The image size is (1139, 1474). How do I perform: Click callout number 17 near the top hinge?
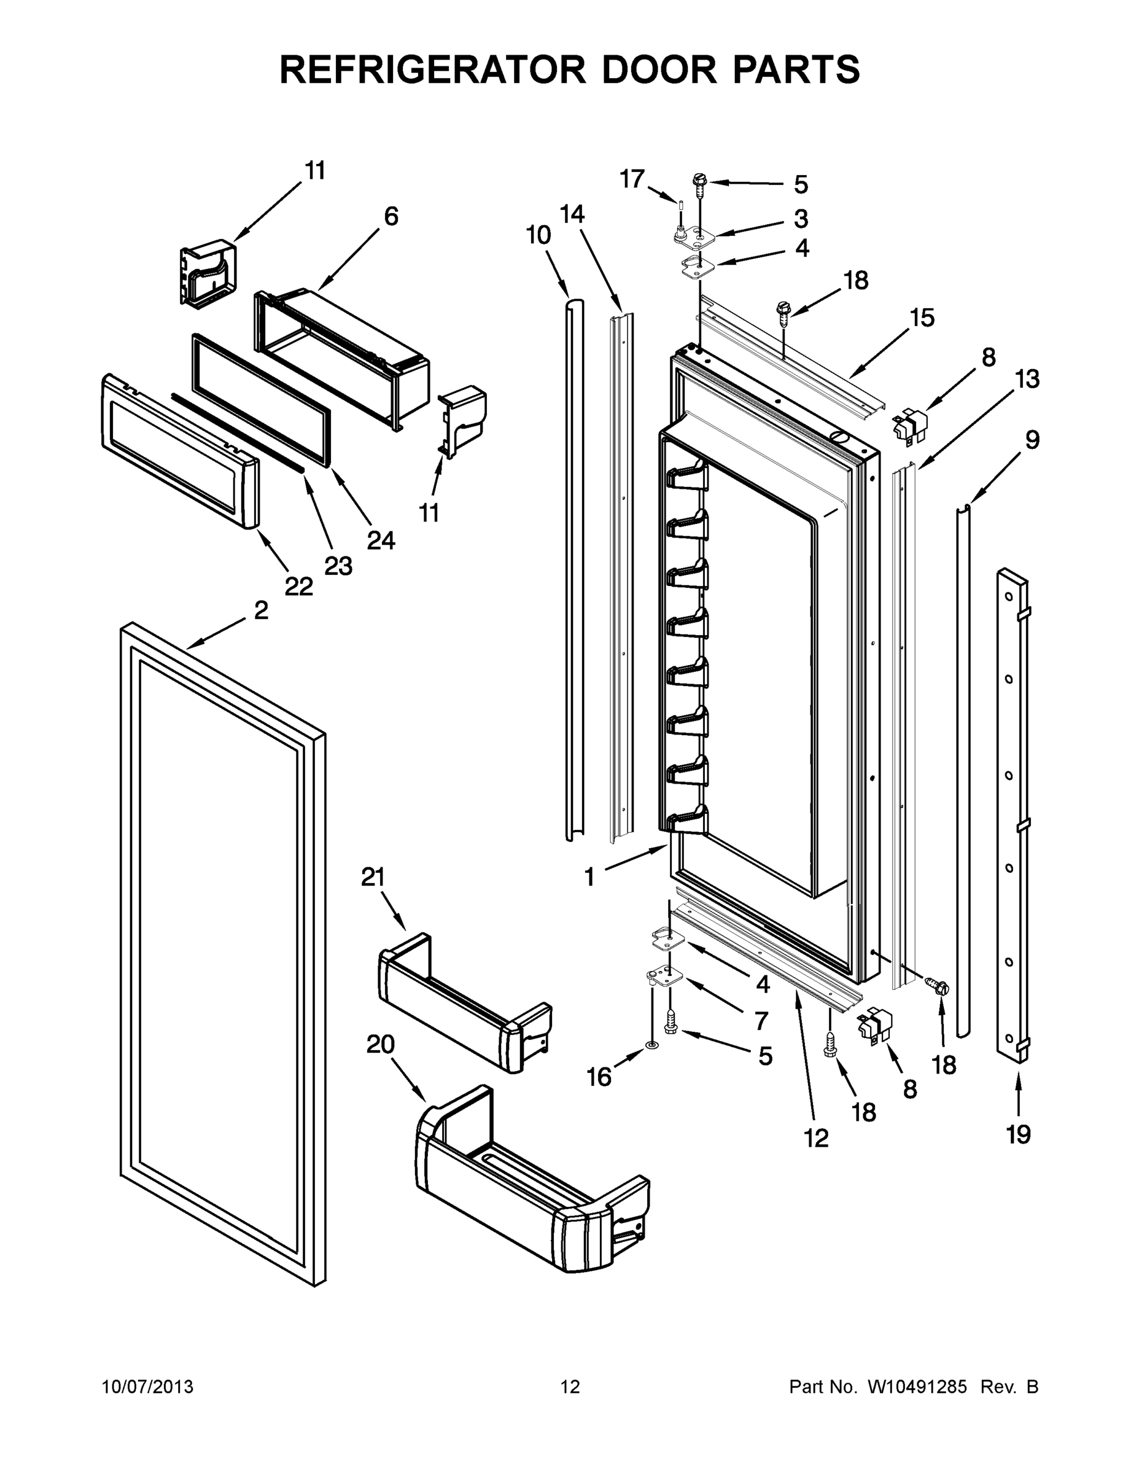pyautogui.click(x=632, y=179)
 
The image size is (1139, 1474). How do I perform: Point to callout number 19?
pyautogui.click(x=1018, y=1134)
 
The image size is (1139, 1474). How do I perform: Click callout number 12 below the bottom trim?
pyautogui.click(x=816, y=1138)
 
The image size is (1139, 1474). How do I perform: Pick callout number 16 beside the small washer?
pyautogui.click(x=599, y=1077)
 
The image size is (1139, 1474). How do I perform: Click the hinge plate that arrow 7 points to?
pyautogui.click(x=660, y=977)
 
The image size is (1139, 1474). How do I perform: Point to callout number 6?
pyautogui.click(x=391, y=217)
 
